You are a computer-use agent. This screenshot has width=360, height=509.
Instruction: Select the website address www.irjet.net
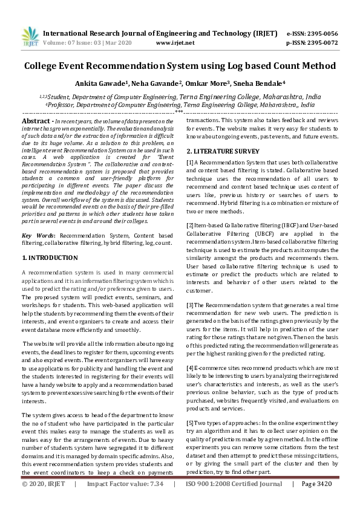pyautogui.click(x=175, y=43)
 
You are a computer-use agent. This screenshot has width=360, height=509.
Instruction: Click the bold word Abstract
pyautogui.click(x=36, y=122)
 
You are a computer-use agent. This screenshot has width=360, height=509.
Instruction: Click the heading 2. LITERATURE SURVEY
pyautogui.click(x=223, y=150)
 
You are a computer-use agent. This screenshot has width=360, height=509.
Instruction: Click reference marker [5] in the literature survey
pyautogui.click(x=190, y=406)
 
